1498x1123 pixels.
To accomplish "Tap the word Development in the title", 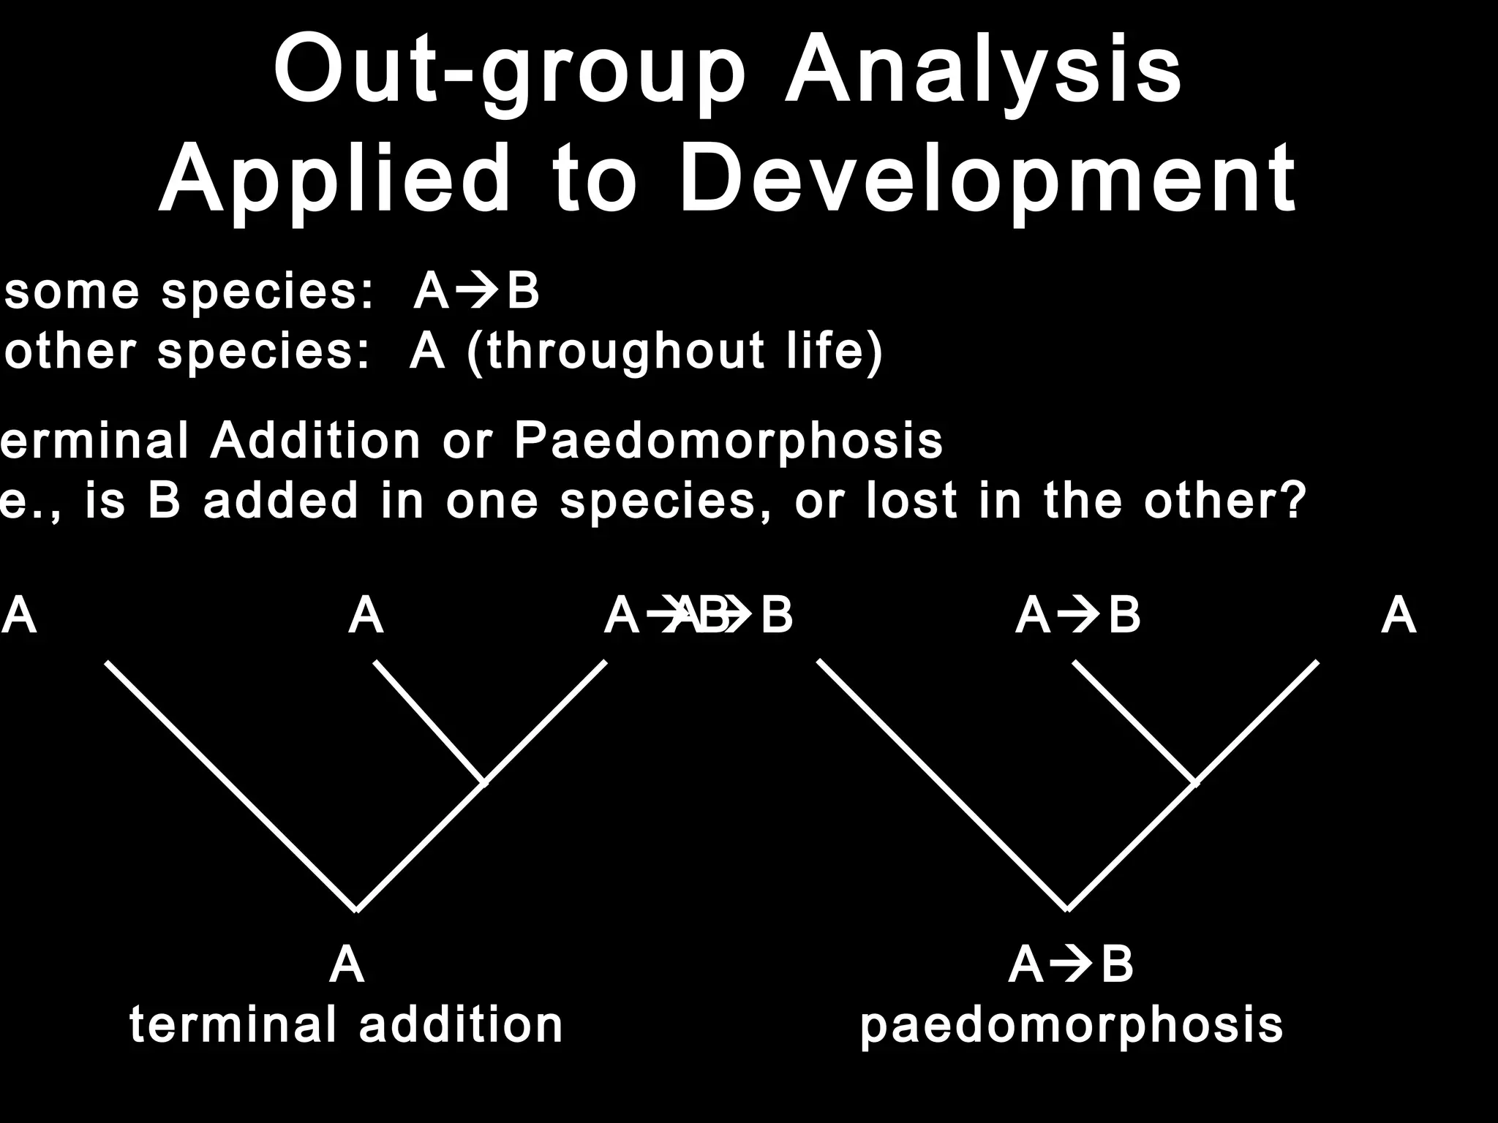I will pos(987,179).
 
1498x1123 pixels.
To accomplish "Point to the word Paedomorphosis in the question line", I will pos(728,441).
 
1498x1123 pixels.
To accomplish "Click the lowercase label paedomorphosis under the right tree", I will pos(1072,1025).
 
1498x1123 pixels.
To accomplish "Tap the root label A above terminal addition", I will pos(347,965).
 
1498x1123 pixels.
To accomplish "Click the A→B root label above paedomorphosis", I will pos(1071,965).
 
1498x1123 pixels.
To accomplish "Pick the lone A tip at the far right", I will pos(1399,616).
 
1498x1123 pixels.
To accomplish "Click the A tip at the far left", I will pos(19,616).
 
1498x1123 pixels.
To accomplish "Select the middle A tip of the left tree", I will pos(366,616).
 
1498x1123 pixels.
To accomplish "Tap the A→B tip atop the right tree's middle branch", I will pos(1078,616).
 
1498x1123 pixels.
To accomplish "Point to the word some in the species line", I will pos(72,292).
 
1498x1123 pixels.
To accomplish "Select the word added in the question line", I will pos(282,502).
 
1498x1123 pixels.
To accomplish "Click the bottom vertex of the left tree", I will pos(356,910).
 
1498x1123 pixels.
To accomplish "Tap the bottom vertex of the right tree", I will pos(1067,910).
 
